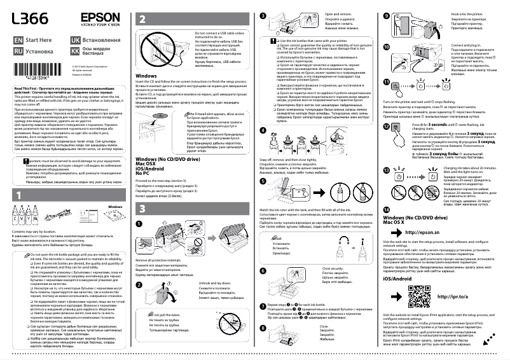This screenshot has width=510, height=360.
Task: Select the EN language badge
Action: (x=19, y=39)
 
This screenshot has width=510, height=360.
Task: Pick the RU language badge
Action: (x=19, y=49)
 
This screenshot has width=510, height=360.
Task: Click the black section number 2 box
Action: (x=142, y=20)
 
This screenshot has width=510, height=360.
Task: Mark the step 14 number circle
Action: (x=387, y=209)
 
